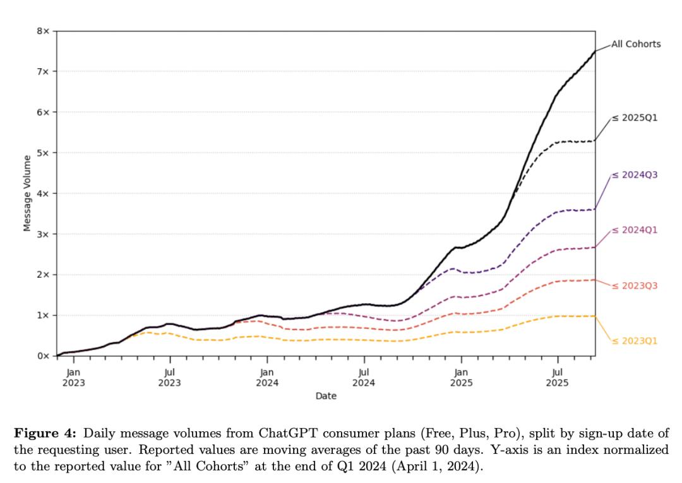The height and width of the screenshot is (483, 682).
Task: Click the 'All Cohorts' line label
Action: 636,44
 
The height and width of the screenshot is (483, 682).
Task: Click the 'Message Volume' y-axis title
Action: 27,193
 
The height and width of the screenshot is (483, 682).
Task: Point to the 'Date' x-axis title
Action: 326,396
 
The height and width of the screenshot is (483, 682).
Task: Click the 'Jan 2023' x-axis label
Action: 73,378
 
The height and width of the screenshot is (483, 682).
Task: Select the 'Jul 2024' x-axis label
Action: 364,378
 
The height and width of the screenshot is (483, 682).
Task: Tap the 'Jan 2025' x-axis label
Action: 461,378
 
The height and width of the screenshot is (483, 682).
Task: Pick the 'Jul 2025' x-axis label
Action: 557,378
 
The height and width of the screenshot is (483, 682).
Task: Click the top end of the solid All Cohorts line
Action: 594,52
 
